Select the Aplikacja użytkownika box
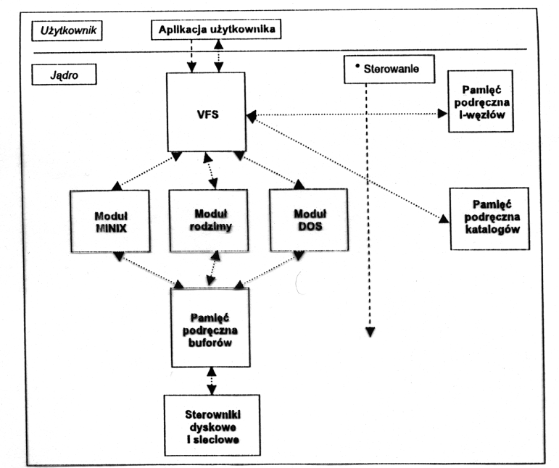click(x=215, y=30)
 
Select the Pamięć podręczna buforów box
click(x=210, y=327)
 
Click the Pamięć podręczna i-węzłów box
click(x=481, y=101)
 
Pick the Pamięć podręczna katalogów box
click(x=488, y=217)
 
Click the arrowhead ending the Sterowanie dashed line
click(x=370, y=331)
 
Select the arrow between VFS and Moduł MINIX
click(x=145, y=172)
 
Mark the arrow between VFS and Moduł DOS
click(x=268, y=172)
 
